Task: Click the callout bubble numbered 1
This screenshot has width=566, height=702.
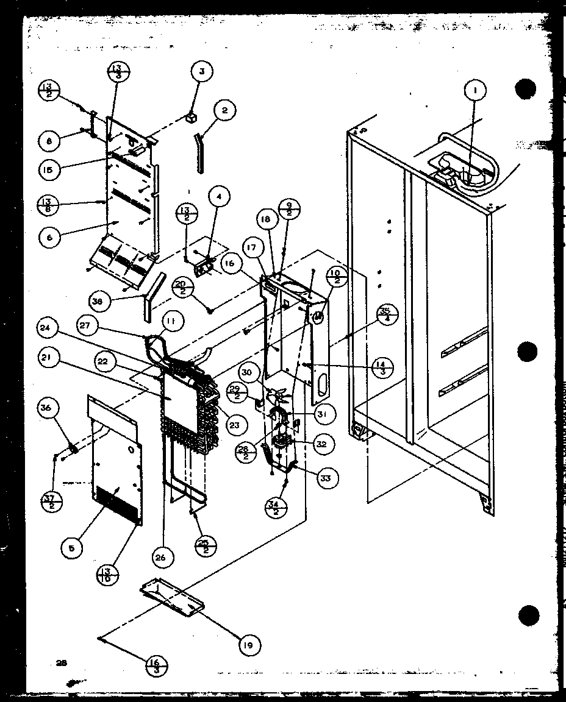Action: point(475,91)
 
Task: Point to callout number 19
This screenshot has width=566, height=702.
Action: point(250,644)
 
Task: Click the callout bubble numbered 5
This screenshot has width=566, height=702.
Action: point(72,548)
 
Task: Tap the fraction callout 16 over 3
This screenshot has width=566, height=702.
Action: point(156,664)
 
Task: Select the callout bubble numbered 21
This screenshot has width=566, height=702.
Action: point(49,361)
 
